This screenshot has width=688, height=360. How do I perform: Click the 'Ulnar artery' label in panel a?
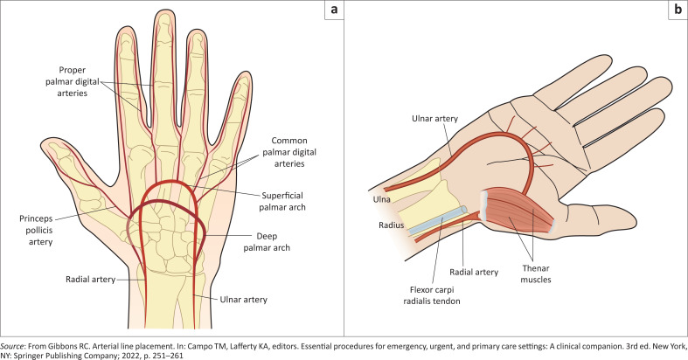243,299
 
